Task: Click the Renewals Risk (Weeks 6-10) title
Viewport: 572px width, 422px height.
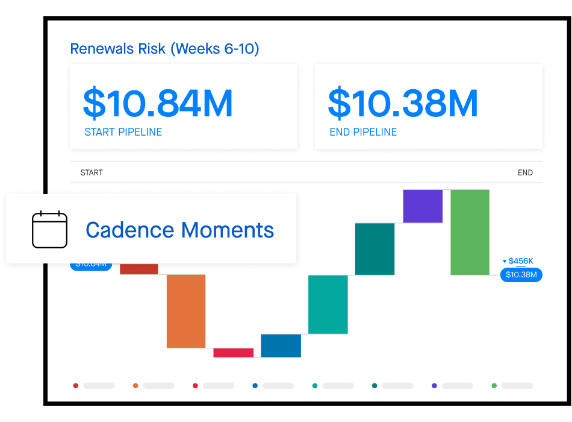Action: (x=164, y=49)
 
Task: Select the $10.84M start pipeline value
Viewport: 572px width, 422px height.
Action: (x=158, y=103)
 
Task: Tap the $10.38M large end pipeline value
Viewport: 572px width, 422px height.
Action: (x=403, y=103)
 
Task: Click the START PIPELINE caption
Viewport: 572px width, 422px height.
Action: (x=123, y=132)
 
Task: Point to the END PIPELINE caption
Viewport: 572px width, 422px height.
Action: (x=363, y=132)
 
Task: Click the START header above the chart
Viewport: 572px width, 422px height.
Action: (x=92, y=172)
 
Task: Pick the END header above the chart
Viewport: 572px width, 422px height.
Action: (x=525, y=172)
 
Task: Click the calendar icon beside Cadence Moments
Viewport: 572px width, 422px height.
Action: (x=49, y=229)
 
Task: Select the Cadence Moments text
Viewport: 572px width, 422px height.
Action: (x=179, y=230)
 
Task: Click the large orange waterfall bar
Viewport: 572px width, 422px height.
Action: (x=186, y=310)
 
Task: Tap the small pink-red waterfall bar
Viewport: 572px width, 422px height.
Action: (x=233, y=353)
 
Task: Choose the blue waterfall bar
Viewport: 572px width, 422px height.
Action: (x=281, y=345)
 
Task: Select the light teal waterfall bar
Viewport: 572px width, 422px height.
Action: (x=328, y=304)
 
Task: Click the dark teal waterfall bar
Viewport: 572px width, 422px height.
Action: (x=375, y=249)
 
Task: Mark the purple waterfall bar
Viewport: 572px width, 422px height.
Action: (x=423, y=206)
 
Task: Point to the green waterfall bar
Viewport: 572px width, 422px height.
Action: (x=470, y=232)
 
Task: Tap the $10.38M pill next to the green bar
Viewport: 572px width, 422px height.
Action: (x=521, y=275)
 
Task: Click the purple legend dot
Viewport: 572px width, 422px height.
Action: (x=435, y=385)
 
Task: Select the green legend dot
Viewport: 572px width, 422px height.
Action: (x=494, y=385)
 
